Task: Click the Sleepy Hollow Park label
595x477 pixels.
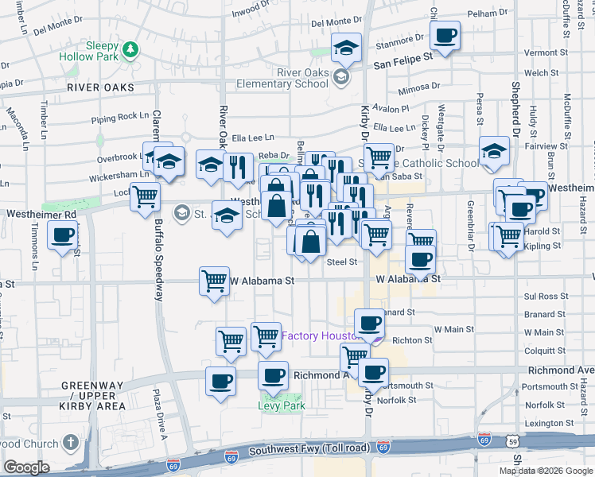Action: click(91, 45)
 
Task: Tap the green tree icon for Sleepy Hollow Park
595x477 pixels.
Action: click(130, 51)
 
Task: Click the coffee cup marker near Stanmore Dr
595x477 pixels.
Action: click(445, 36)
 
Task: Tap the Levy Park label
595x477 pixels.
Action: click(282, 405)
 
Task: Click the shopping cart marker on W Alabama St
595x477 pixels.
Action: click(214, 280)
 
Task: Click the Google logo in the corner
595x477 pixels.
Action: click(26, 467)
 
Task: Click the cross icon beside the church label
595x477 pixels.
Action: click(71, 444)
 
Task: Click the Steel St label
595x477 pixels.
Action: click(342, 262)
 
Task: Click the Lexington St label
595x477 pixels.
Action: click(548, 424)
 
